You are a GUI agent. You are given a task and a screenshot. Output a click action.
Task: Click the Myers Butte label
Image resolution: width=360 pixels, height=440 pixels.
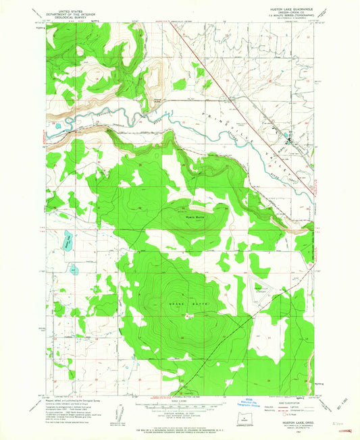(195, 217)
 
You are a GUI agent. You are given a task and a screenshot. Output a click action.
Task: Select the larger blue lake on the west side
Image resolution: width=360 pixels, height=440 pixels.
(68, 240)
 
